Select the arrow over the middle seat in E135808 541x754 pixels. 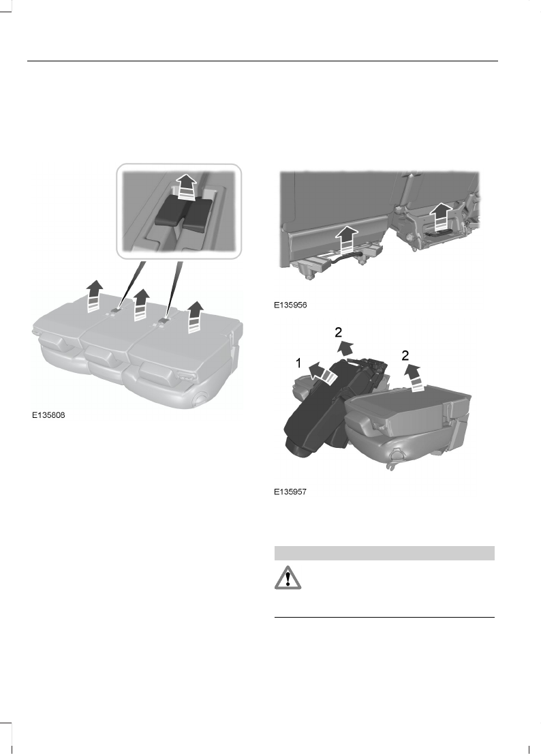(141, 303)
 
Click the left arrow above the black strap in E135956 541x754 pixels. (347, 243)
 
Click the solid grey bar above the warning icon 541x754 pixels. (384, 552)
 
